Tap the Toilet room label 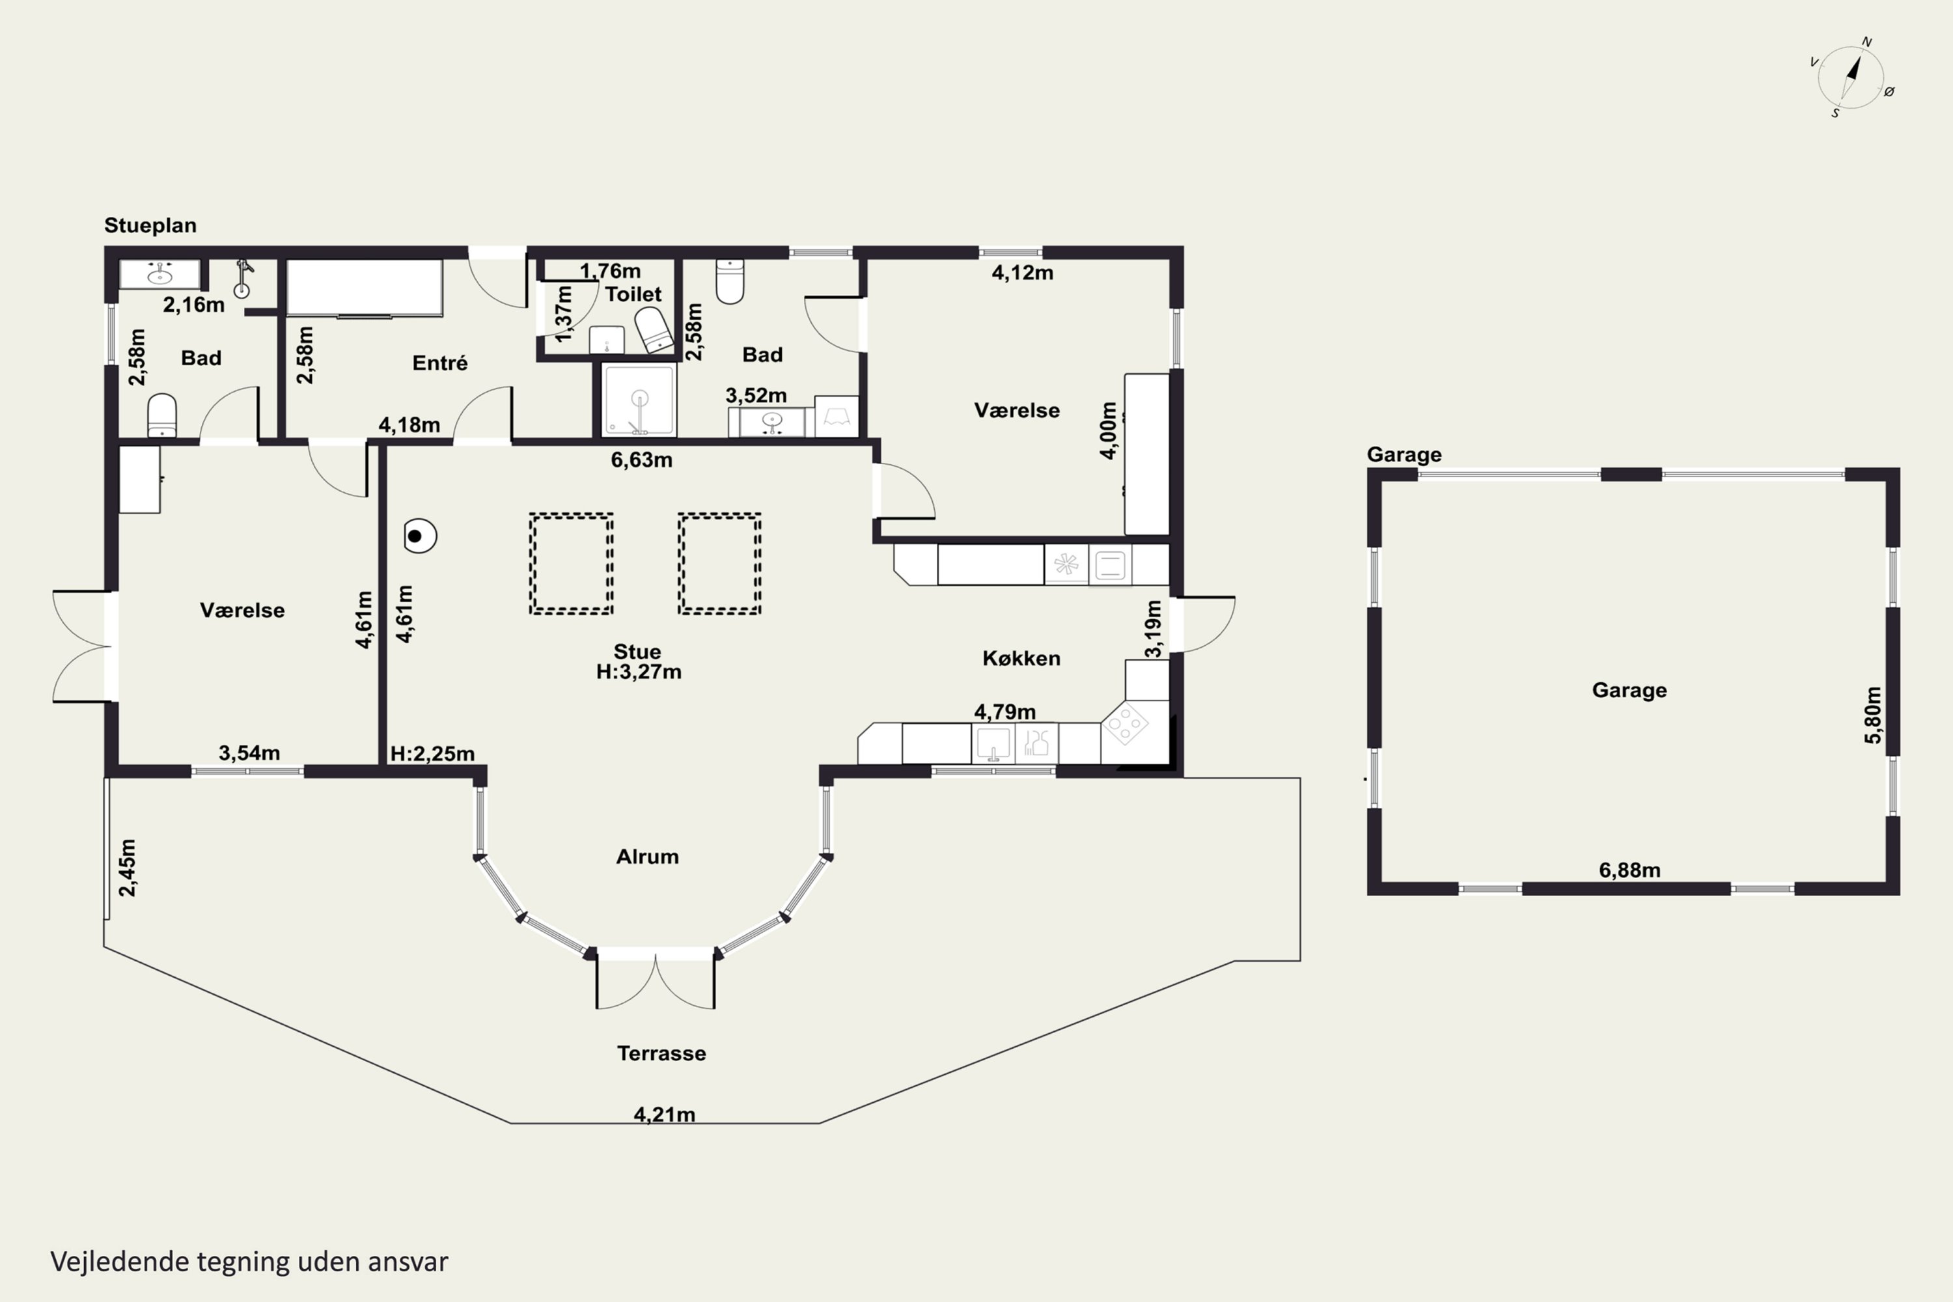[x=633, y=294]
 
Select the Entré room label [x=440, y=363]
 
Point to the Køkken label [x=1021, y=658]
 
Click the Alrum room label [x=648, y=857]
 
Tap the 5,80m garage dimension [x=1874, y=715]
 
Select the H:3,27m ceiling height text [x=639, y=672]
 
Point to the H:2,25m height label [x=433, y=754]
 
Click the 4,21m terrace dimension [x=664, y=1115]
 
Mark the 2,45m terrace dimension [x=127, y=868]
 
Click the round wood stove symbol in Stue [x=420, y=536]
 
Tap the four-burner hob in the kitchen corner [x=1125, y=724]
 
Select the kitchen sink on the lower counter [x=993, y=743]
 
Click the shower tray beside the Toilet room [x=639, y=400]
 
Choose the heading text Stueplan [x=150, y=226]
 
